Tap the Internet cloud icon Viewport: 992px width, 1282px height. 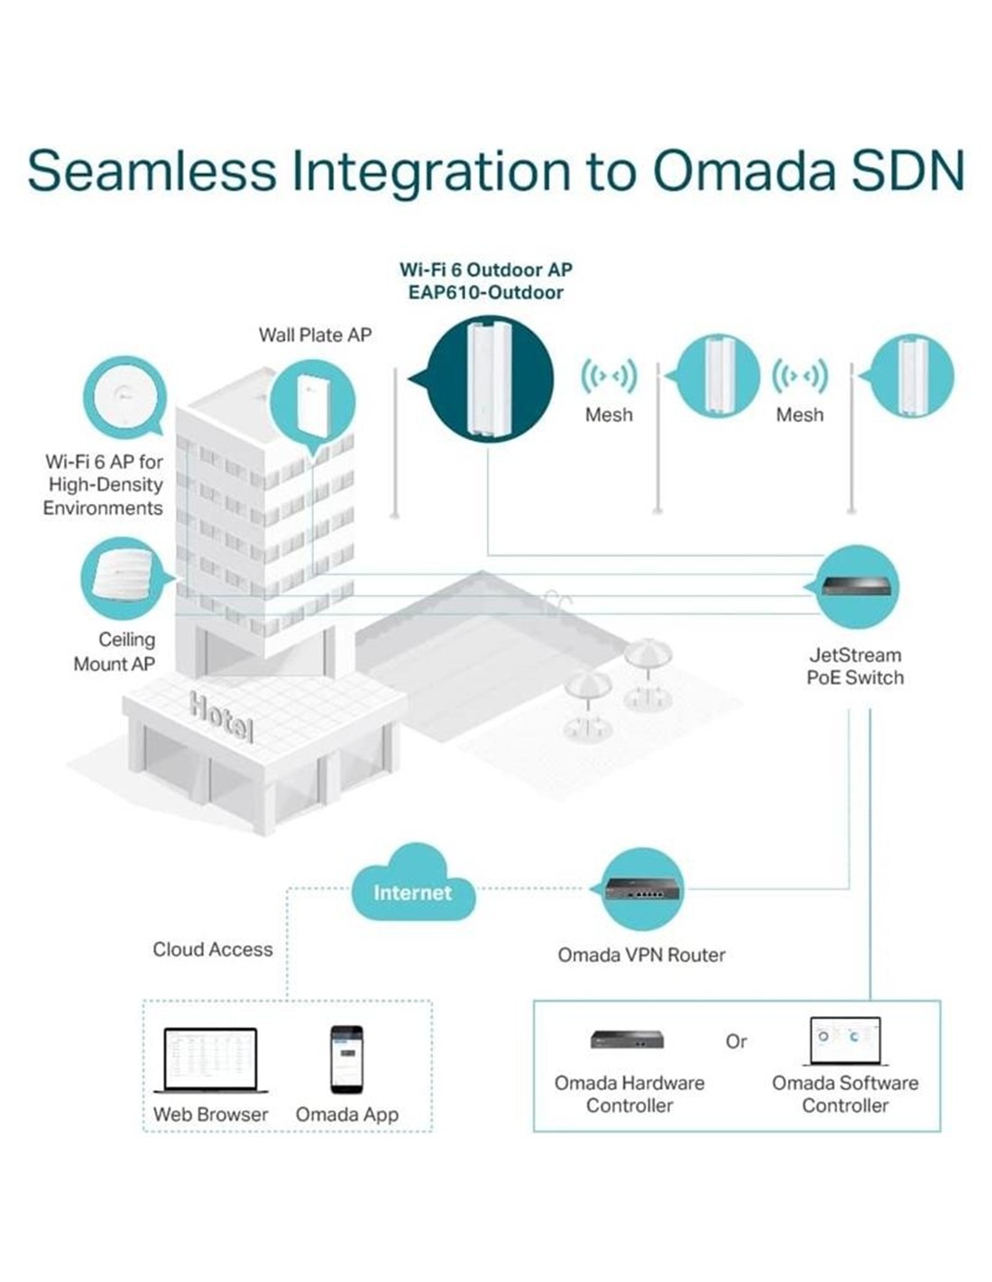tap(412, 889)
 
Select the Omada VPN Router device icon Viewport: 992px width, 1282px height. tap(643, 889)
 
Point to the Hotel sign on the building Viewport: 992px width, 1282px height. tap(222, 717)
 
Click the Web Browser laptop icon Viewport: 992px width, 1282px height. tap(210, 1061)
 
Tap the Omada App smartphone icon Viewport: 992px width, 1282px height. tap(346, 1059)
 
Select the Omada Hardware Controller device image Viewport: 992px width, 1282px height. tap(628, 1039)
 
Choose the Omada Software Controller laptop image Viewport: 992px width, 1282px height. tap(845, 1040)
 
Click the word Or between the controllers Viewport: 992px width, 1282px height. tap(736, 1041)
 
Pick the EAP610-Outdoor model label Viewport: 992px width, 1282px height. tap(486, 292)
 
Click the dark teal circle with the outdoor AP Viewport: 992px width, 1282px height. tap(489, 379)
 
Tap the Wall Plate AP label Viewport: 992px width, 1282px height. tap(315, 334)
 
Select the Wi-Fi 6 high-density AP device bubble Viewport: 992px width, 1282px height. tap(124, 397)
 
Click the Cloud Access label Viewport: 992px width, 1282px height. tap(212, 949)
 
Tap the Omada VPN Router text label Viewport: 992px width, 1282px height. tap(641, 955)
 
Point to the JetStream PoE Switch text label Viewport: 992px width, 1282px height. tap(855, 666)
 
